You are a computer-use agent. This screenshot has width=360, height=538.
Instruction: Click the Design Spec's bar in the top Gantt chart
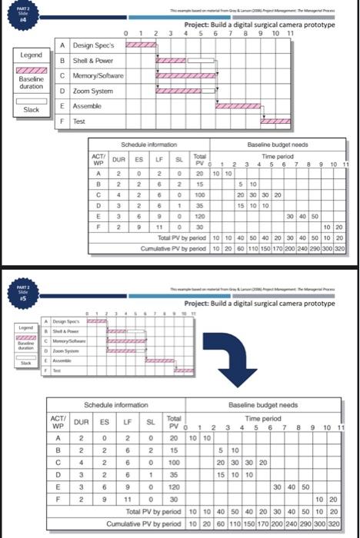[141, 46]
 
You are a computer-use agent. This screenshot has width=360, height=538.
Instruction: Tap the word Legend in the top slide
[31, 55]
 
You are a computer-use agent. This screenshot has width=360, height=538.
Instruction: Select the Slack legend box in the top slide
[31, 110]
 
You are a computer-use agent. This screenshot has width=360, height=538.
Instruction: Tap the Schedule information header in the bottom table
[118, 404]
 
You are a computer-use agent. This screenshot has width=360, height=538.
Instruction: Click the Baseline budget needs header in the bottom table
[267, 404]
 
